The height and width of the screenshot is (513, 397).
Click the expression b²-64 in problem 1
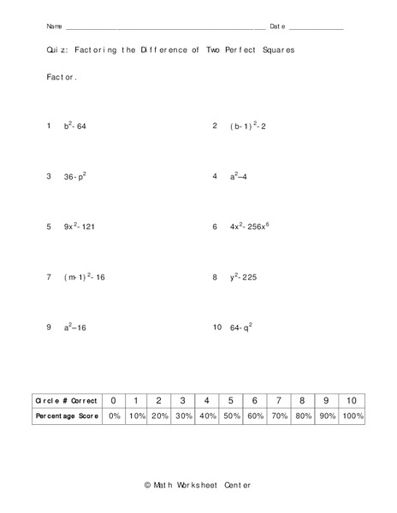pyautogui.click(x=75, y=127)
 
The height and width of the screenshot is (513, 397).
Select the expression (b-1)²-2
pyautogui.click(x=249, y=127)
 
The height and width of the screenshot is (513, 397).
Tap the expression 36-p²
pyautogui.click(x=75, y=177)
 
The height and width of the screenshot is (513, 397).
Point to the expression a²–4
pyautogui.click(x=239, y=177)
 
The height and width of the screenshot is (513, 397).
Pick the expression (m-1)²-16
pyautogui.click(x=85, y=278)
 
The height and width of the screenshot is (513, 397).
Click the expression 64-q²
pyautogui.click(x=240, y=327)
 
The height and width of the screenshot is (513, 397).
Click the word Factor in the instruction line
pyautogui.click(x=62, y=77)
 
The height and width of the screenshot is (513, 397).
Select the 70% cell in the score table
pyautogui.click(x=278, y=416)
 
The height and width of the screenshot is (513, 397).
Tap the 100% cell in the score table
pyautogui.click(x=351, y=416)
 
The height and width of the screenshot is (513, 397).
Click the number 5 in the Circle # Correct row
pyautogui.click(x=230, y=400)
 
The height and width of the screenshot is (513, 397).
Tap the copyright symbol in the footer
pyautogui.click(x=148, y=485)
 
